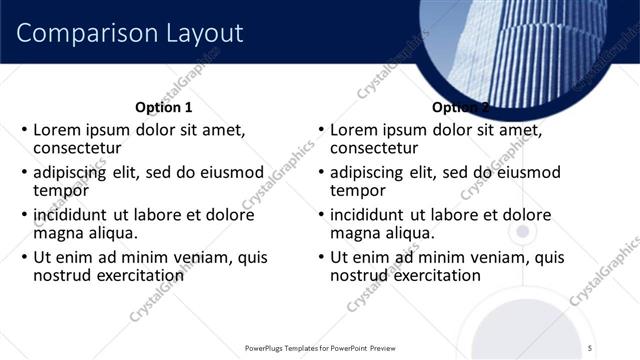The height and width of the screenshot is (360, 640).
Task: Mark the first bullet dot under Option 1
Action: click(24, 131)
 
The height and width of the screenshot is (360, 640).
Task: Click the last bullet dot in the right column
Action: click(321, 257)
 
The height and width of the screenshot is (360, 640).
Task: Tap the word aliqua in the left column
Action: click(111, 233)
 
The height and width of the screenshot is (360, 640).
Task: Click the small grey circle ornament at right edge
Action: click(521, 232)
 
